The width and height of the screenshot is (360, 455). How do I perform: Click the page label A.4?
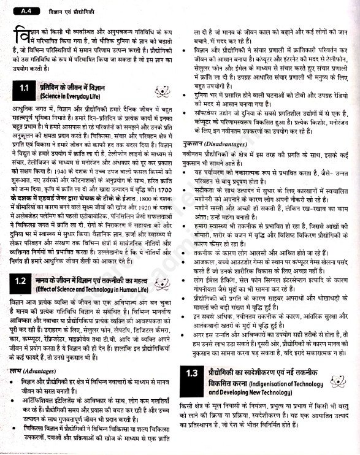tap(24, 9)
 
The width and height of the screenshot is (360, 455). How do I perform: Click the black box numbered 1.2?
tap(23, 282)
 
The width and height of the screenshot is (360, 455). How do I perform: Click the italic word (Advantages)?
tap(39, 371)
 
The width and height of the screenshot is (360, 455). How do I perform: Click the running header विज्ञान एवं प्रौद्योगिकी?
tap(67, 9)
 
